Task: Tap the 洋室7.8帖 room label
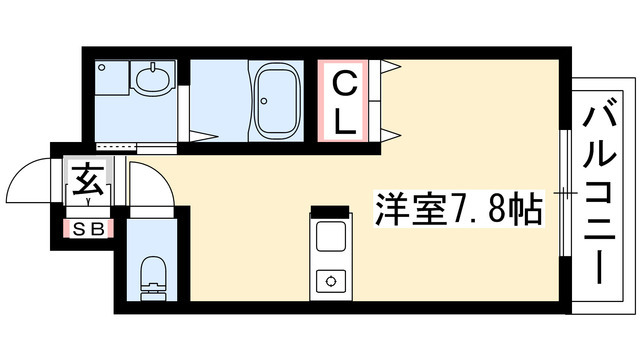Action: pyautogui.click(x=459, y=208)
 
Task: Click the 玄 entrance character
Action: pyautogui.click(x=88, y=179)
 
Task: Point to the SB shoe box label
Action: pyautogui.click(x=88, y=229)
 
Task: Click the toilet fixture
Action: pyautogui.click(x=153, y=279)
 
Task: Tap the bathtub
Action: pyautogui.click(x=276, y=100)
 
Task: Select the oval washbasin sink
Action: pyautogui.click(x=152, y=78)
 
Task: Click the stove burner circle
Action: pyautogui.click(x=330, y=281)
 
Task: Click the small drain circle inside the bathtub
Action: pyautogui.click(x=264, y=101)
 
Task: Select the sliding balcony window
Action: pyautogui.click(x=565, y=193)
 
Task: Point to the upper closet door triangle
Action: pyautogui.click(x=390, y=67)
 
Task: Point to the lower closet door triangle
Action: pyautogui.click(x=390, y=135)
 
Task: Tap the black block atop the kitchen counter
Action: pyautogui.click(x=330, y=211)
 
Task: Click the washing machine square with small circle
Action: pyautogui.click(x=112, y=78)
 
